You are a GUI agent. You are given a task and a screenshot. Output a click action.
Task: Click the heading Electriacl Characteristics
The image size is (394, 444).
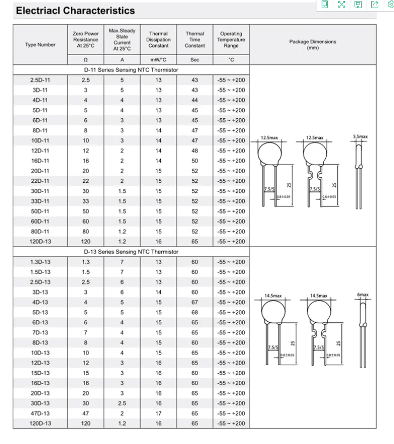pos(75,11)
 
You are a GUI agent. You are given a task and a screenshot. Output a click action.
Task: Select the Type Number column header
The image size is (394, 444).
pos(40,45)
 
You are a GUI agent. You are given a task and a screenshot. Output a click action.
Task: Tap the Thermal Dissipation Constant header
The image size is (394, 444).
pos(158,40)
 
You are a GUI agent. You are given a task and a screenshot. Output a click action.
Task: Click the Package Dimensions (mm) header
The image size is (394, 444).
pos(313,45)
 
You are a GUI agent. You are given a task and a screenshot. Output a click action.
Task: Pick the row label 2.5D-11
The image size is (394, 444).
pos(40,80)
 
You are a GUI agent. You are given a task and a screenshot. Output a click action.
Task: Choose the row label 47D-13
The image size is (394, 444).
pos(40,413)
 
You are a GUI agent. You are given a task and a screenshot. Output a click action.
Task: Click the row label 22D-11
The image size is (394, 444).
pos(40,181)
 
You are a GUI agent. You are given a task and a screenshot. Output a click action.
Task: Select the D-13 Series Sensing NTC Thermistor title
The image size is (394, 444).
pos(131,252)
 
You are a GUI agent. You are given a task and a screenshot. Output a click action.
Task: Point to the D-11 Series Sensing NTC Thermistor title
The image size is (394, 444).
pos(131,70)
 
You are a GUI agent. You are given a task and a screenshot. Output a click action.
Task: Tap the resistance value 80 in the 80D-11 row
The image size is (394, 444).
pos(85,231)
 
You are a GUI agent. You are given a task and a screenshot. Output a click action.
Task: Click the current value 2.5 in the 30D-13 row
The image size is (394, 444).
pos(122,403)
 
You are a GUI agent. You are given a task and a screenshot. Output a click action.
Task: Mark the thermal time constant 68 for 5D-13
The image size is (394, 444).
pos(195,312)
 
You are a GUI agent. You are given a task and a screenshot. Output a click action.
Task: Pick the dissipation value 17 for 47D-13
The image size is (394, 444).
pos(158,413)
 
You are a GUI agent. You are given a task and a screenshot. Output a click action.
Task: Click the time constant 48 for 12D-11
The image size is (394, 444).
pos(195,151)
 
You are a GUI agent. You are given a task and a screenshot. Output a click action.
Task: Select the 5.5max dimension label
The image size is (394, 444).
pos(360,137)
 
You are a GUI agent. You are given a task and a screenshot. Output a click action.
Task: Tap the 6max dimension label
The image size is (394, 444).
pos(363,295)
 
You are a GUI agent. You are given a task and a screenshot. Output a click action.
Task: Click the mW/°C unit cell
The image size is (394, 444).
pos(158,60)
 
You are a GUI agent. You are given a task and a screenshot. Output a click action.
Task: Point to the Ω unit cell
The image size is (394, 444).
pos(85,60)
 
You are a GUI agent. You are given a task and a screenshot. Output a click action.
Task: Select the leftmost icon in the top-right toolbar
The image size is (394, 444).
pos(325,5)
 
